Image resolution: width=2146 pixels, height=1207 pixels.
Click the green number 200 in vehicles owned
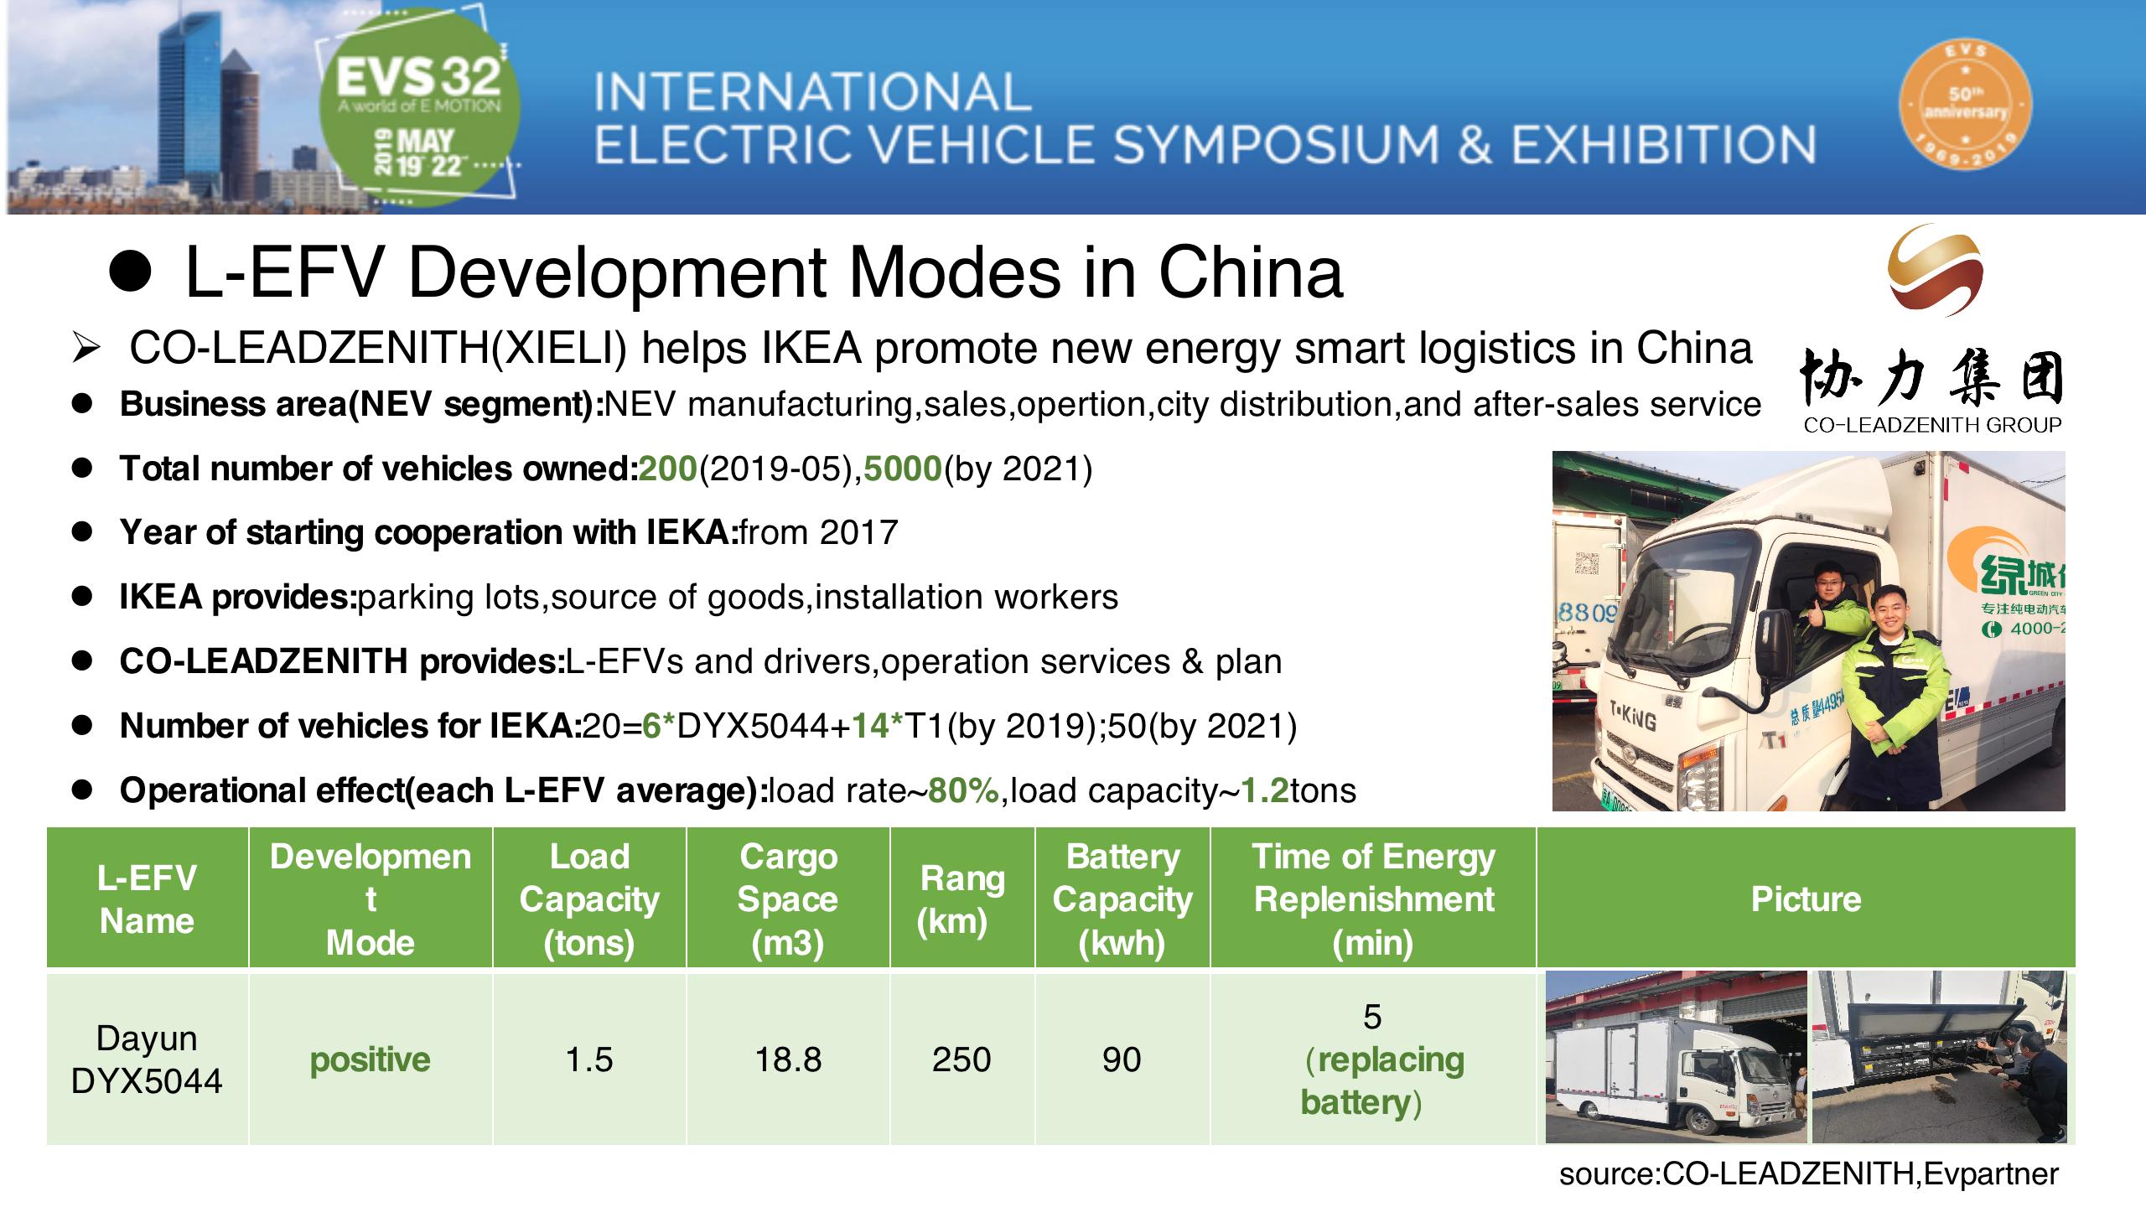click(x=667, y=469)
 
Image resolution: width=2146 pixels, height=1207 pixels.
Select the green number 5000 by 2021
click(x=903, y=469)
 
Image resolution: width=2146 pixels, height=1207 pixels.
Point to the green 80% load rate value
click(x=963, y=790)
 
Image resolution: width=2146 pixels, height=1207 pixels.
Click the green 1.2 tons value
click(x=1264, y=790)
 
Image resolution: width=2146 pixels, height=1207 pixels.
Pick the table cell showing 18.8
click(x=788, y=1059)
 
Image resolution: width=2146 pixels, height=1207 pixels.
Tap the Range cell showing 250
click(x=962, y=1059)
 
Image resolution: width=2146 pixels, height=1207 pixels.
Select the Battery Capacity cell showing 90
click(x=1122, y=1059)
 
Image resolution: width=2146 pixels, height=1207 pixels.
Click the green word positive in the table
click(x=370, y=1060)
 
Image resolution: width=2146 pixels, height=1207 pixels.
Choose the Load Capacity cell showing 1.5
click(x=588, y=1059)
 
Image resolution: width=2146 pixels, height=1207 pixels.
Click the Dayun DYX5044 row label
click(x=147, y=1059)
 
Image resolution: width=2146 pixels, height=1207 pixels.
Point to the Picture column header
click(x=1806, y=899)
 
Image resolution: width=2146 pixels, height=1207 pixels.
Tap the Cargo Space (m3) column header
click(x=788, y=899)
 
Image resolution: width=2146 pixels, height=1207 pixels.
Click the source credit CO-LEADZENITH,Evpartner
click(x=1808, y=1174)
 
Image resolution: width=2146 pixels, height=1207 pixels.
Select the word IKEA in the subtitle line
click(x=811, y=349)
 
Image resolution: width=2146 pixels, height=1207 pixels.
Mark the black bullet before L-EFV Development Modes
click(x=131, y=272)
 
